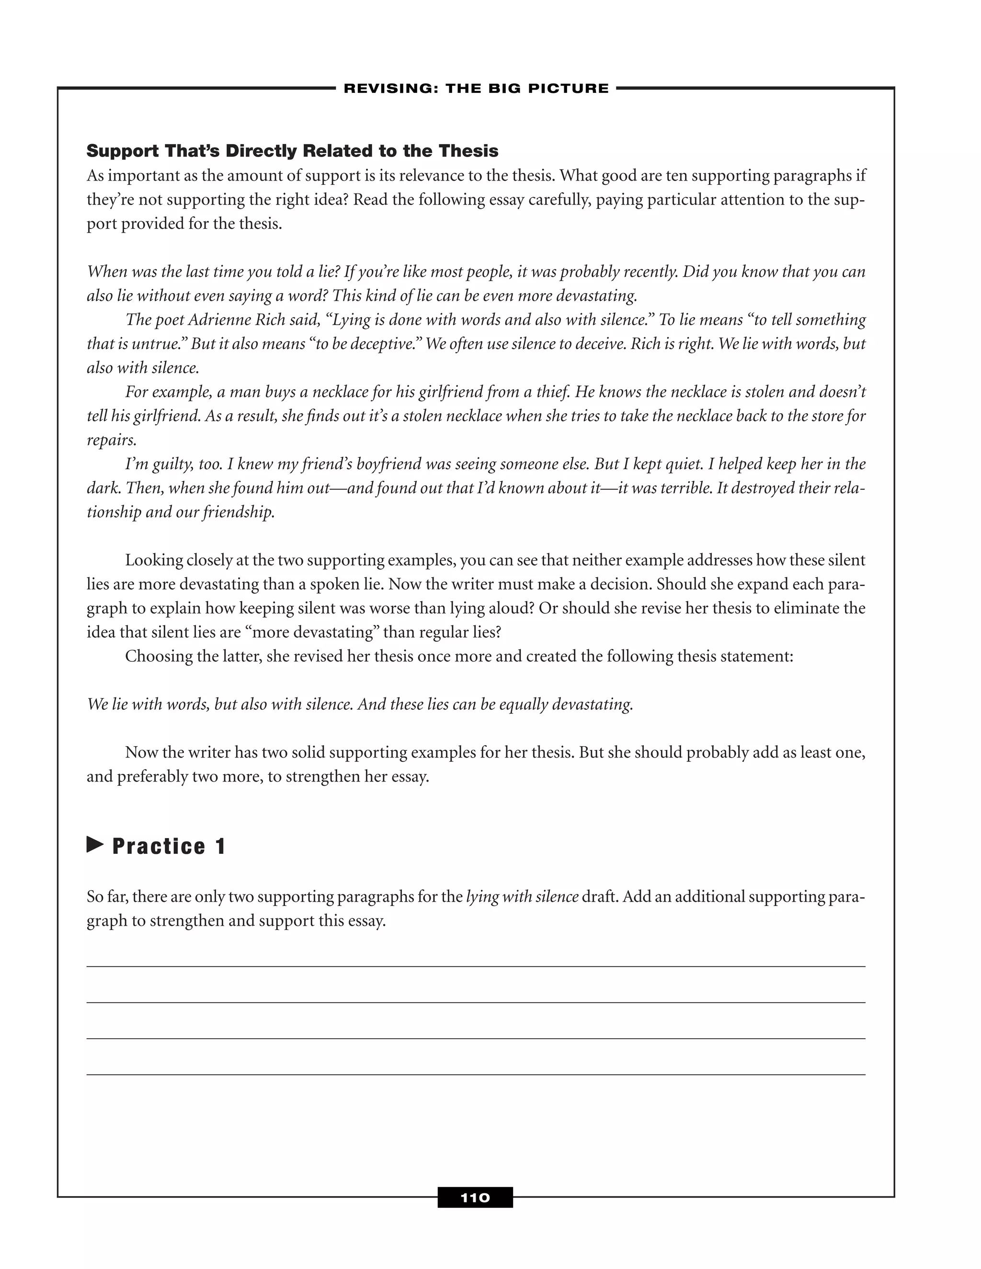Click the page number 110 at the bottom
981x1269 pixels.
(475, 1198)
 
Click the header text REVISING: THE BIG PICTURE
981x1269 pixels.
(476, 88)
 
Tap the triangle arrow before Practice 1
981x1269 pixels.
(95, 844)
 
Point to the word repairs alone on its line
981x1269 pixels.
(111, 441)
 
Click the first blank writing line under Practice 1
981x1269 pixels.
(475, 966)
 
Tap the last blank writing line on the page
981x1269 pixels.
(475, 1075)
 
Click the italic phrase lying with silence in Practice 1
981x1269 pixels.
(522, 897)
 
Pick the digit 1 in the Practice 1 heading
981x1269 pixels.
(220, 847)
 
